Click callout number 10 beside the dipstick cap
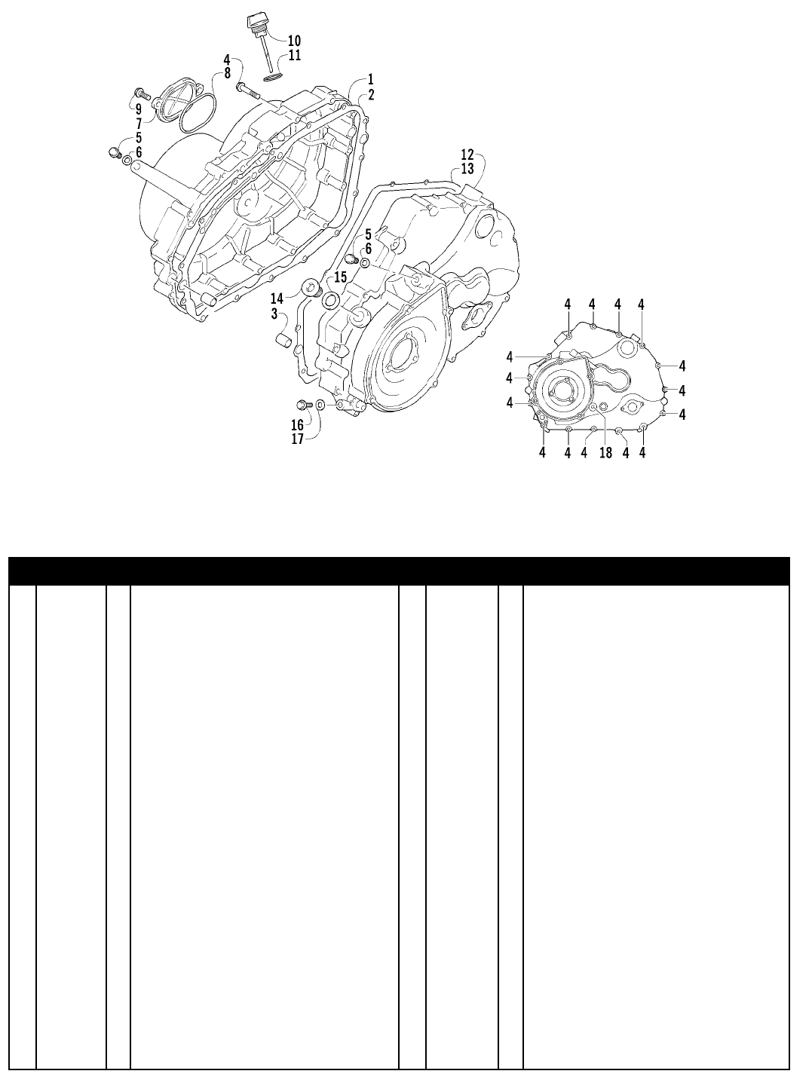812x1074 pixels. point(294,40)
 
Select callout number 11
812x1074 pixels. point(294,55)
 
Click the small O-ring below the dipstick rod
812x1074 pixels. point(273,78)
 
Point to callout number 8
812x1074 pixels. point(227,74)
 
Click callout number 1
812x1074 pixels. point(370,79)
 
